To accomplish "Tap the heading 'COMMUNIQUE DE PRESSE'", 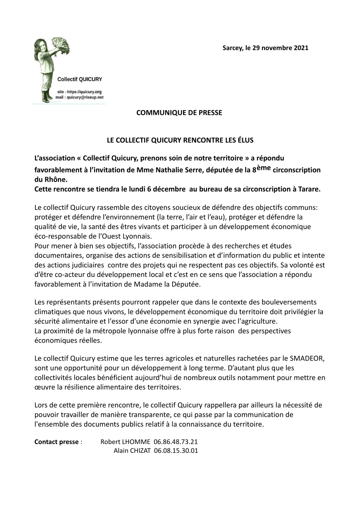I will [179, 113].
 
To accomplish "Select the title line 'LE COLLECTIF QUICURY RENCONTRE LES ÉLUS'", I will [180, 141].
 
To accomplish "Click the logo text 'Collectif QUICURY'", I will [80, 79].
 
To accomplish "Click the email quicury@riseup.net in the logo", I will [85, 98].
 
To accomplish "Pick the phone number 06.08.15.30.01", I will [176, 451].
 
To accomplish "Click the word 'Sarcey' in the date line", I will [233, 48].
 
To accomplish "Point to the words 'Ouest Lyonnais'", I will [130, 236].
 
